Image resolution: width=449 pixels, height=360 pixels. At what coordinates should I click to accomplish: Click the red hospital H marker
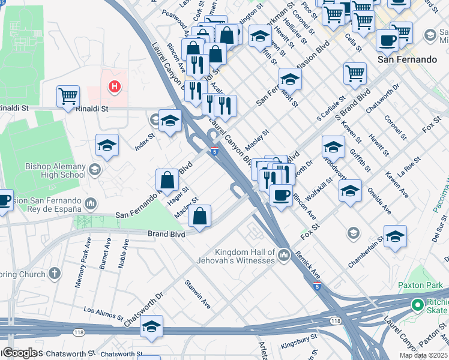tap(114, 88)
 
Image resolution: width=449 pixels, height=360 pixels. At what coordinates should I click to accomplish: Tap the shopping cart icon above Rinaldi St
tap(68, 95)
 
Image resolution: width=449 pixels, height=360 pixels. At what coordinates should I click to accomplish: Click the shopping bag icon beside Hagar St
tap(167, 179)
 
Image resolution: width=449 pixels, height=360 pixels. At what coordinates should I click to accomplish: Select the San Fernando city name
tap(407, 59)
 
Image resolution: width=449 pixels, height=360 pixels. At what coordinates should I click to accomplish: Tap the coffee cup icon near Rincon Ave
tap(280, 194)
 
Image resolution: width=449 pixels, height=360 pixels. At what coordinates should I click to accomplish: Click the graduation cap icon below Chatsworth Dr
tap(152, 326)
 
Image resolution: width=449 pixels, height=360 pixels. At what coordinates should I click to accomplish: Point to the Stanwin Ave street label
tap(197, 294)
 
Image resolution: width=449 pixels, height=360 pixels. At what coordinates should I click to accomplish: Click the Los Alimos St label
tap(103, 311)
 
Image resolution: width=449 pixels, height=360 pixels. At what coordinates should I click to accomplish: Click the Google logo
tap(19, 353)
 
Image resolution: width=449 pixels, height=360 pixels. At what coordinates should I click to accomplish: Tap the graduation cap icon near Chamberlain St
tap(395, 236)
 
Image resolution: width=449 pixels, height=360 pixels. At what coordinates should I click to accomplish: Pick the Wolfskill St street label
tap(323, 189)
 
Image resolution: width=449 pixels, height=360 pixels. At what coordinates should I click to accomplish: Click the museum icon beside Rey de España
tap(91, 203)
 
